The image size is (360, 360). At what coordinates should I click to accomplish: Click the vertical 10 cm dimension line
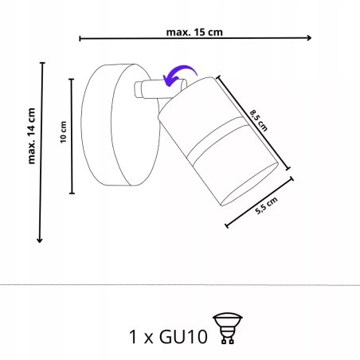tap(72, 135)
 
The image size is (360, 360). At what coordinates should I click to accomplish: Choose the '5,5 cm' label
tap(267, 209)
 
